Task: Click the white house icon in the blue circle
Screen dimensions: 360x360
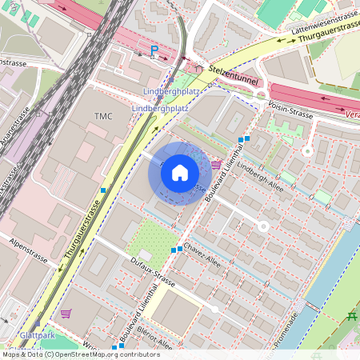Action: click(x=180, y=173)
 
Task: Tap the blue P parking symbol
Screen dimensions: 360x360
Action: click(x=154, y=51)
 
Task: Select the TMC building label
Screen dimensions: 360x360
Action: click(x=104, y=117)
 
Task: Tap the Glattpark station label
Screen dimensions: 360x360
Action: click(x=37, y=335)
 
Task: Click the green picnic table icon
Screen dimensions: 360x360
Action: click(x=351, y=317)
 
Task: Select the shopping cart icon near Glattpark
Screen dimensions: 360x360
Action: click(x=66, y=313)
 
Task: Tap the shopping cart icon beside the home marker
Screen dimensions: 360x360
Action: click(x=216, y=164)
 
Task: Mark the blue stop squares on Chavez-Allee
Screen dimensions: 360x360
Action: click(x=177, y=250)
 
